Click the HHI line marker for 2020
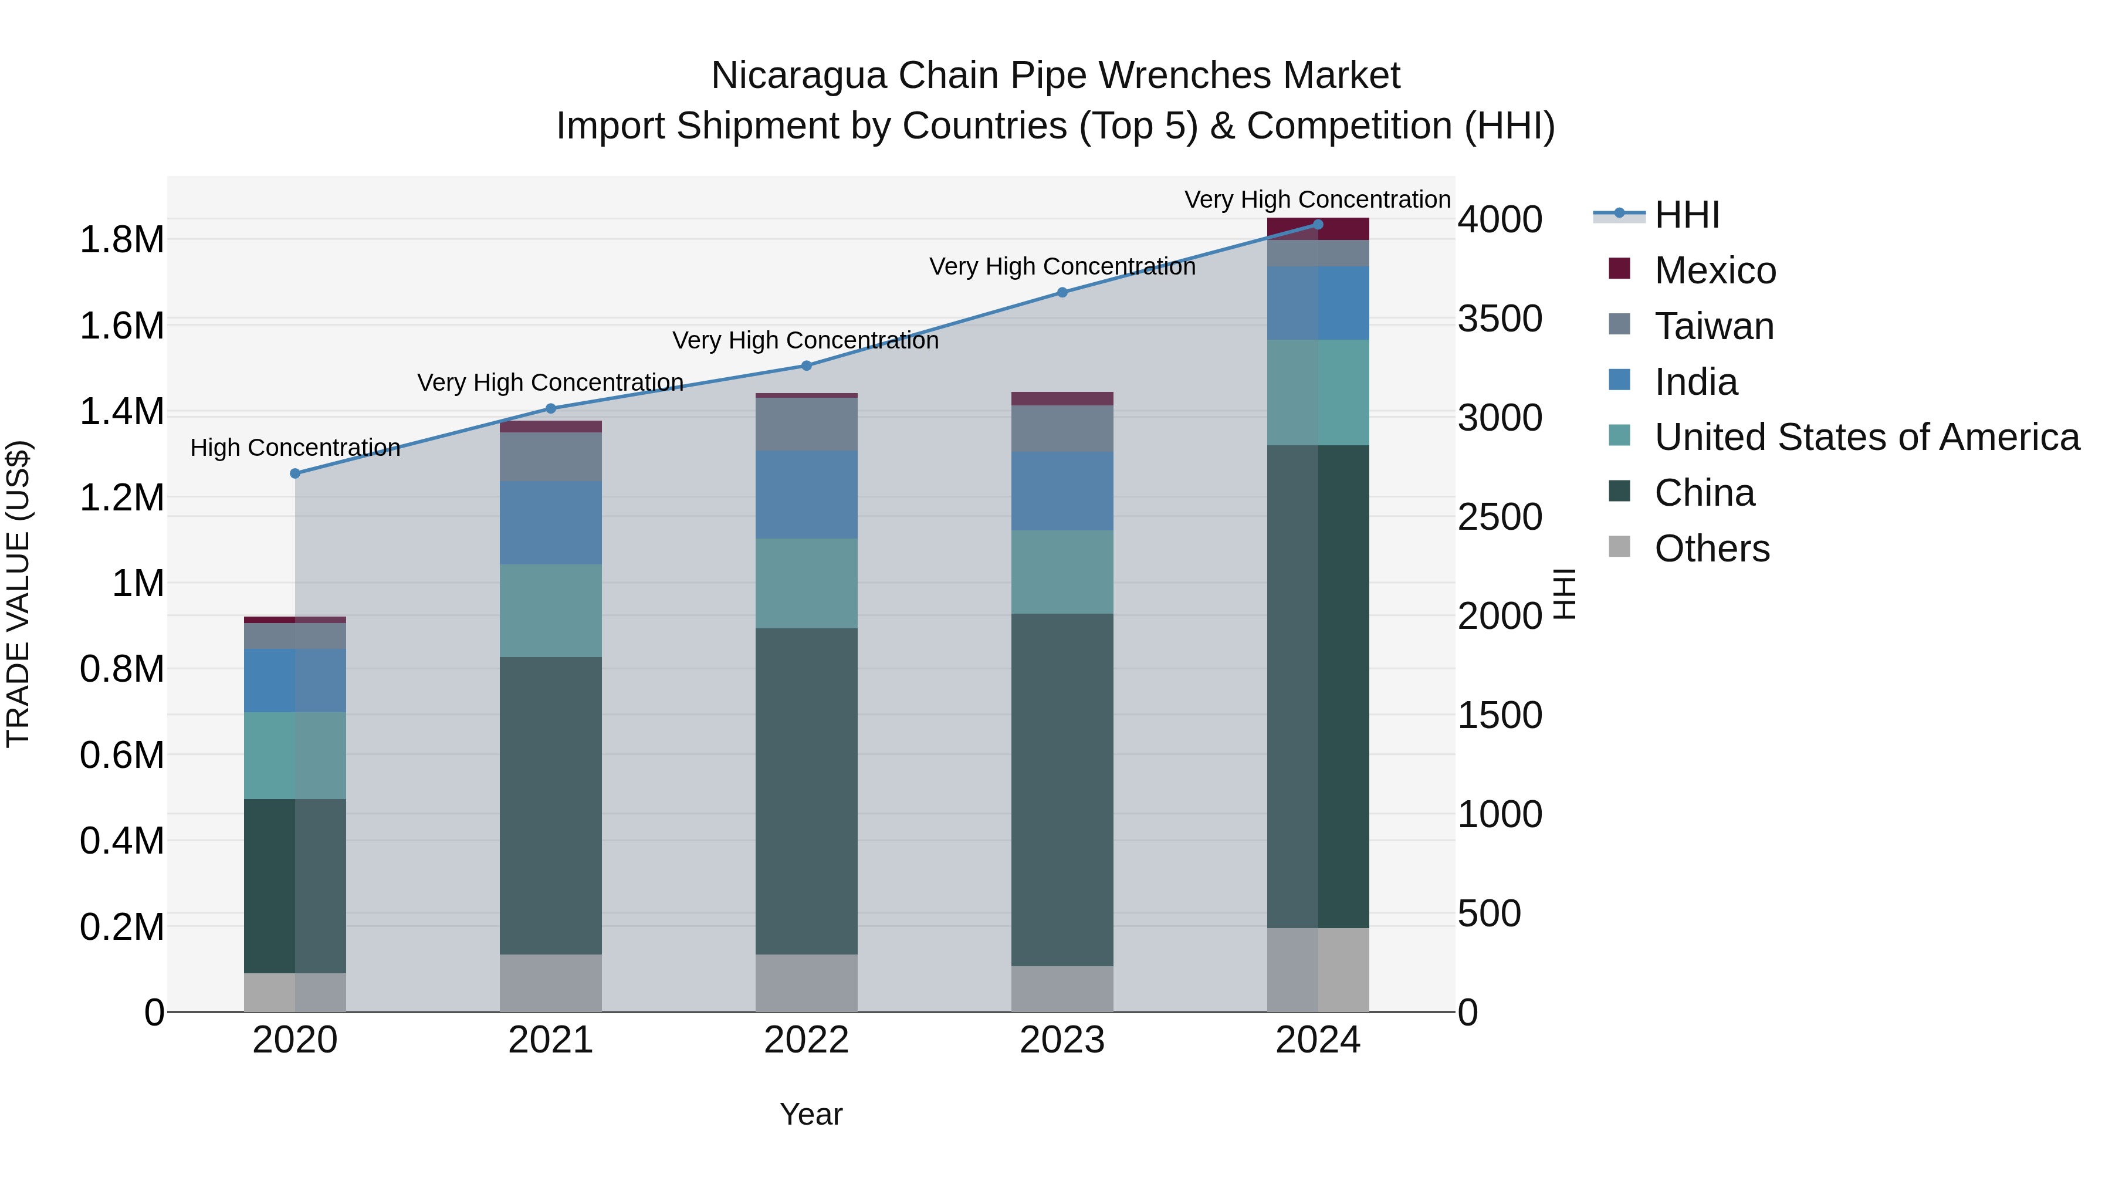click(295, 473)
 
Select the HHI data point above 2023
click(1062, 293)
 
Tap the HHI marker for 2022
click(806, 365)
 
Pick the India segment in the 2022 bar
click(806, 495)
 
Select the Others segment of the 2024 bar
click(1318, 969)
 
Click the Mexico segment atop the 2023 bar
click(1062, 398)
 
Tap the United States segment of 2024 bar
click(1318, 392)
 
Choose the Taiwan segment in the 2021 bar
click(550, 456)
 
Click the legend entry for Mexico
click(1714, 270)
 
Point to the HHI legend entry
click(1685, 215)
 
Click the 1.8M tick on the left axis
click(121, 240)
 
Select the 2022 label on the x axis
click(806, 1040)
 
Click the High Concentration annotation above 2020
click(295, 448)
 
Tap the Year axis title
click(811, 1114)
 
